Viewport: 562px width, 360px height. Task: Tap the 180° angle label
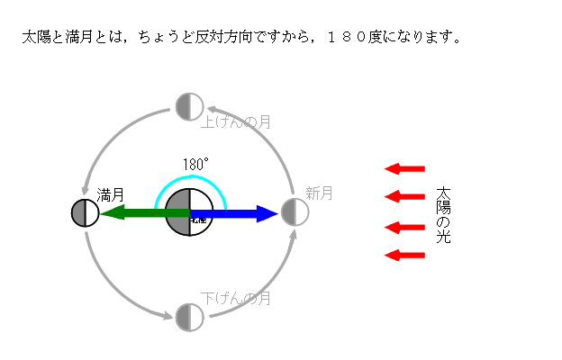[x=195, y=165]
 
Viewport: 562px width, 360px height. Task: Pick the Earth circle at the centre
[x=189, y=213]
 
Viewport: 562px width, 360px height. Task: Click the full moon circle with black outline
[x=85, y=213]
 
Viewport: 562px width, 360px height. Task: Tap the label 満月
[x=110, y=194]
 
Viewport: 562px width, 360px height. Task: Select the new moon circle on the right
[x=295, y=212]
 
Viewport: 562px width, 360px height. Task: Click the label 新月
[x=319, y=193]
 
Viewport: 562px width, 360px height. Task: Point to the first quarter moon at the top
[x=189, y=106]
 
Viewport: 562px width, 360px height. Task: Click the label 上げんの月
[x=236, y=121]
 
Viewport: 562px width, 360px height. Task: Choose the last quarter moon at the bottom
[x=189, y=317]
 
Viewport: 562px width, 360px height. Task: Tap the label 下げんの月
[x=236, y=298]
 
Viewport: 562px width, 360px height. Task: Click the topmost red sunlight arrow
[x=404, y=168]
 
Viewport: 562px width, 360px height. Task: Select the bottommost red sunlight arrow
[x=404, y=256]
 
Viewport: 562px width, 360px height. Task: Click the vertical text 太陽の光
[x=443, y=216]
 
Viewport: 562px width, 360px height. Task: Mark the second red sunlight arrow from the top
[x=404, y=196]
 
